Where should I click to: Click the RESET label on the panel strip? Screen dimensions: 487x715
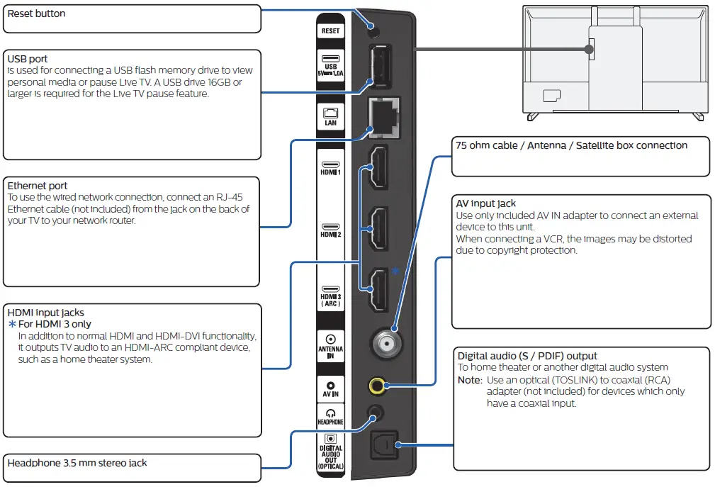tap(330, 31)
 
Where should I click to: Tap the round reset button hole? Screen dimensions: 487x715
tap(371, 29)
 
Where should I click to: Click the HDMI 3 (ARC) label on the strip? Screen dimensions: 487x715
tap(330, 300)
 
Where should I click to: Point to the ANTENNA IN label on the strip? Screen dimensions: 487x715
tap(330, 352)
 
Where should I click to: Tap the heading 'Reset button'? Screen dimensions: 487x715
tap(36, 13)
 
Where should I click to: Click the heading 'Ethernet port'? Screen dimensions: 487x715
tap(38, 186)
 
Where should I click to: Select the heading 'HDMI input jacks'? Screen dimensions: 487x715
tap(45, 313)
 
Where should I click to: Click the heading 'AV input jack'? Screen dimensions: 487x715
tap(487, 203)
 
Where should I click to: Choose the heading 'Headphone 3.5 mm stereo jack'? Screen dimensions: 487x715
tap(77, 463)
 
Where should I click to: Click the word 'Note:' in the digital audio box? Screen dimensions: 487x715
tap(470, 380)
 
